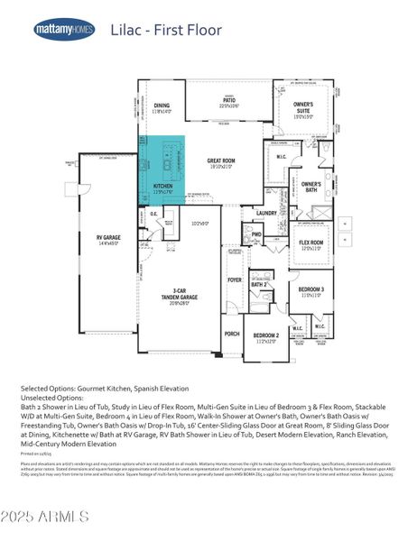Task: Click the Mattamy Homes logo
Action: [x=64, y=29]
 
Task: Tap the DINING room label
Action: [x=162, y=105]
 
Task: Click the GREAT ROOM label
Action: [x=221, y=161]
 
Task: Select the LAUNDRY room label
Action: [x=265, y=213]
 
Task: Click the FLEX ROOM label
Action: [x=310, y=243]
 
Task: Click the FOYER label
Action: [x=235, y=280]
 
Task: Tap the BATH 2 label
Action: [x=258, y=284]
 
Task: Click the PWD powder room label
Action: [x=256, y=234]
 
